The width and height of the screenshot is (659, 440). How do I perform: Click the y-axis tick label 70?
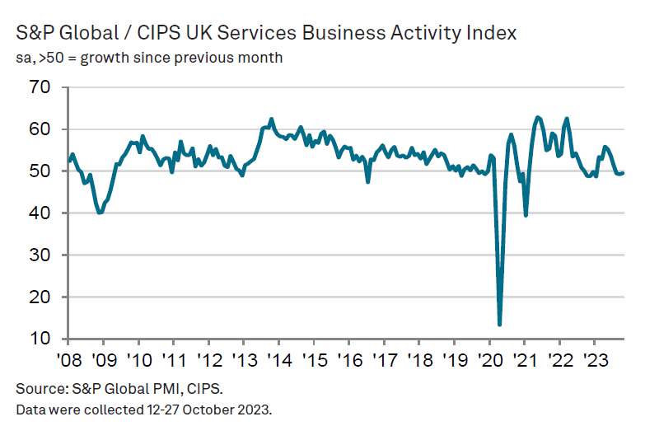pos(40,87)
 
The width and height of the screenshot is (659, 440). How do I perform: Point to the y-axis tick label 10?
pos(40,339)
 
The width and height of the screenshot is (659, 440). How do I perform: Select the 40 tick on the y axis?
pos(40,213)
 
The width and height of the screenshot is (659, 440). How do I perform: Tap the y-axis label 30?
pos(40,255)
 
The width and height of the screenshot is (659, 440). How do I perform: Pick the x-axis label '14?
pos(278,360)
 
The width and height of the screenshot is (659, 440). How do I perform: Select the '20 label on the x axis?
pos(489,360)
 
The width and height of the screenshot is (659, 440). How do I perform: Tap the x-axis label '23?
pos(595,360)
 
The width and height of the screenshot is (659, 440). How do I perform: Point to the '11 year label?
pos(173,360)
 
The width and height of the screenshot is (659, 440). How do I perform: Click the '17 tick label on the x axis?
pos(384,360)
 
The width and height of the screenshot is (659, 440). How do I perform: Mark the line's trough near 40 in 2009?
pos(100,213)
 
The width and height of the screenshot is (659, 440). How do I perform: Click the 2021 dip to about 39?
pos(526,215)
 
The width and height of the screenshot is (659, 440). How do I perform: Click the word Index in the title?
pos(492,33)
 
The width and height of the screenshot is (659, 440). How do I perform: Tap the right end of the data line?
pos(623,172)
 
